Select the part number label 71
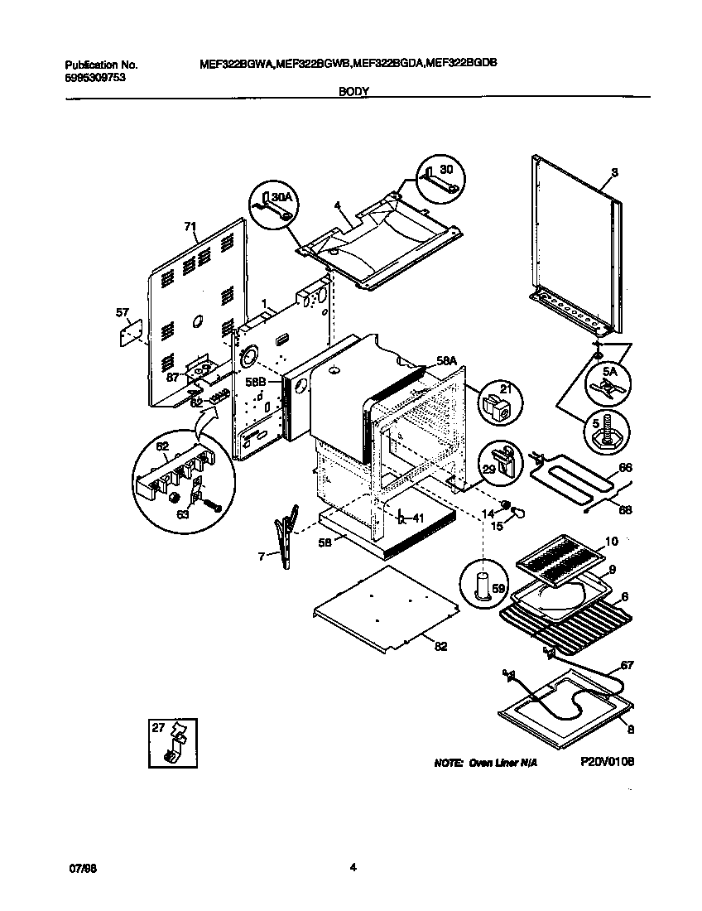coord(190,225)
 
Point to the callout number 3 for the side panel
coord(614,173)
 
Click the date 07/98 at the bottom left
coord(78,867)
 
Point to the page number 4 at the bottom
coord(353,867)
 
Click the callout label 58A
coord(447,361)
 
